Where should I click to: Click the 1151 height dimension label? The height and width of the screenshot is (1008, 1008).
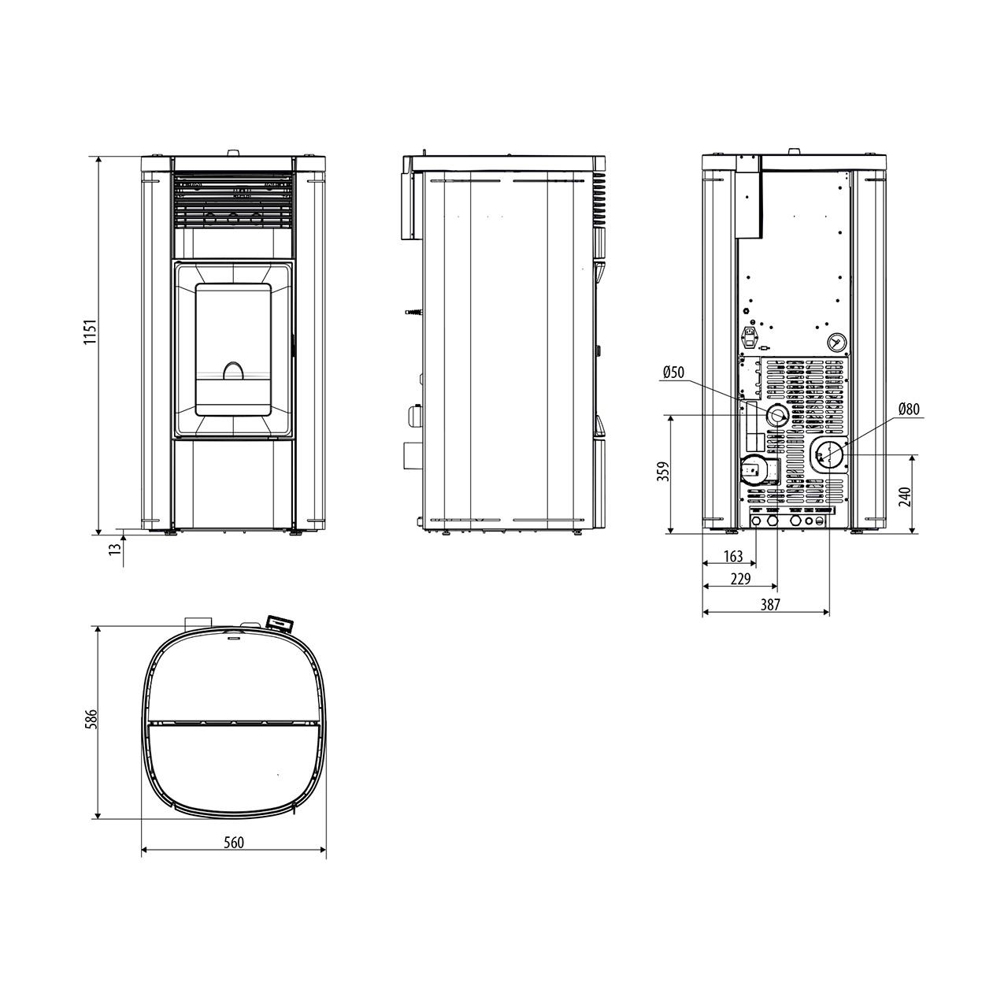pyautogui.click(x=91, y=331)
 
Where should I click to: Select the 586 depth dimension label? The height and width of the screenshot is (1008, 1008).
pyautogui.click(x=91, y=719)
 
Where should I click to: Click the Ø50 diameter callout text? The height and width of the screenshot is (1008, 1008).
pyautogui.click(x=673, y=372)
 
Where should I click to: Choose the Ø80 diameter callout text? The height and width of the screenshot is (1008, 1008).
pyautogui.click(x=909, y=409)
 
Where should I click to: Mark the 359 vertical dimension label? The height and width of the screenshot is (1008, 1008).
pyautogui.click(x=663, y=472)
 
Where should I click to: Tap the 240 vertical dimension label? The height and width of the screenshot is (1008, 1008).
pyautogui.click(x=906, y=496)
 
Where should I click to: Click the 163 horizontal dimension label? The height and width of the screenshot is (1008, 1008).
pyautogui.click(x=733, y=557)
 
